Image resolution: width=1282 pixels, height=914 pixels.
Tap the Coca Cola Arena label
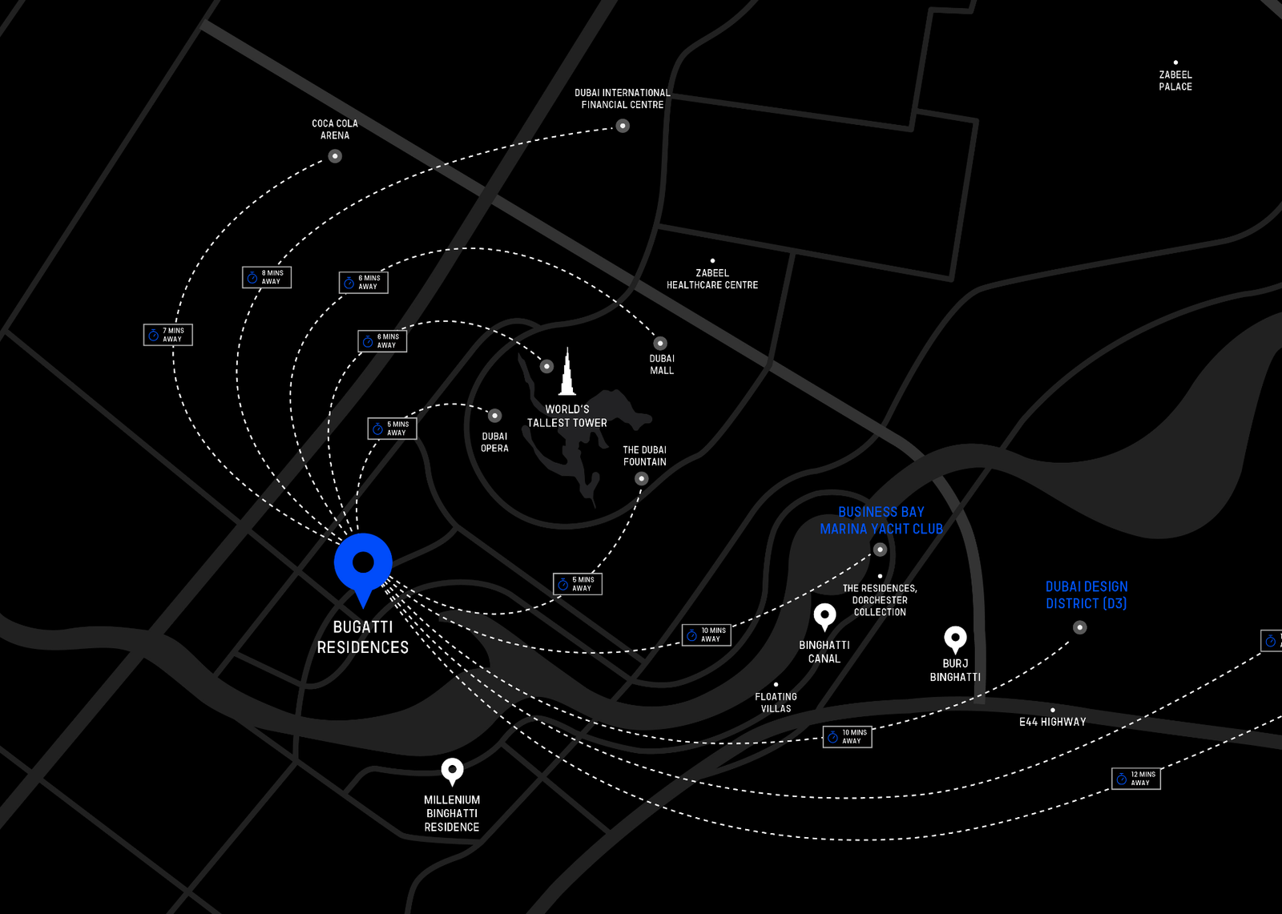[335, 129]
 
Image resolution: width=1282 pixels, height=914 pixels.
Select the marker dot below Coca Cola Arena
[335, 156]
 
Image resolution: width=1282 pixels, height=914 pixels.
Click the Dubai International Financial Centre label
[623, 99]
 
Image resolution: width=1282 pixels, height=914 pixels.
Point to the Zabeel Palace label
[1175, 81]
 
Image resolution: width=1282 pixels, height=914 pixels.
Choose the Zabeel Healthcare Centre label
[712, 279]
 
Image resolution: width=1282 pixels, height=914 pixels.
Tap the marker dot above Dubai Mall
[660, 344]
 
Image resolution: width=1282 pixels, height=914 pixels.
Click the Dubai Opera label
[494, 442]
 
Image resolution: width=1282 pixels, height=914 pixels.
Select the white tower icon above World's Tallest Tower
[567, 373]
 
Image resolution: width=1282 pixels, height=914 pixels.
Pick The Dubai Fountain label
[645, 456]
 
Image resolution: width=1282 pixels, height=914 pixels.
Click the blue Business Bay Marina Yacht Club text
[881, 521]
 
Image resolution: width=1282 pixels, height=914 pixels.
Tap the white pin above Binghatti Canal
[824, 617]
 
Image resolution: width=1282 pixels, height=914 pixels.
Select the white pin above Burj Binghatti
[955, 639]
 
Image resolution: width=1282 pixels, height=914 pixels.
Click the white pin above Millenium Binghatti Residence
[452, 771]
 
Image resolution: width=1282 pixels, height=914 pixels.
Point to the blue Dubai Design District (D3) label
[1086, 595]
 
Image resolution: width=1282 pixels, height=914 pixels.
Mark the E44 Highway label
[1053, 722]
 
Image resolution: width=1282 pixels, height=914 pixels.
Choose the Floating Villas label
[776, 703]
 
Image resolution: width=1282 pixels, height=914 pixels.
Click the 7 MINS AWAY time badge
[168, 335]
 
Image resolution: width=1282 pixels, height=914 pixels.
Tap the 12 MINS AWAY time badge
[1136, 779]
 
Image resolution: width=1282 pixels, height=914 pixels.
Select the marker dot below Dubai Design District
[1080, 627]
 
